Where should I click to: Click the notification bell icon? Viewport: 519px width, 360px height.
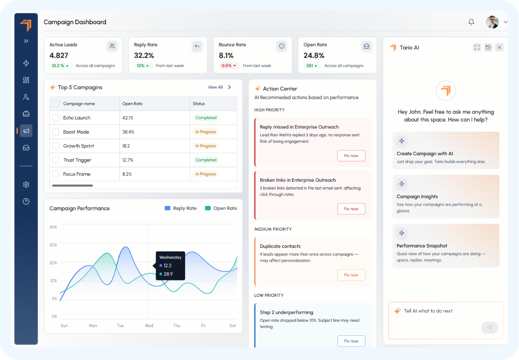coord(471,22)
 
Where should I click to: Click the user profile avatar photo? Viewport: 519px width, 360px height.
coord(492,22)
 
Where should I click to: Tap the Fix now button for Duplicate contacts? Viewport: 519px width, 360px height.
coord(351,275)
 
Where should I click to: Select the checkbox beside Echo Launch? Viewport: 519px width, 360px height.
coord(55,118)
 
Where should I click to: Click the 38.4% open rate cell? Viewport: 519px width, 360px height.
coord(128,132)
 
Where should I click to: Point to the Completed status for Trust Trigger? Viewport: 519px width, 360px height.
coord(206,160)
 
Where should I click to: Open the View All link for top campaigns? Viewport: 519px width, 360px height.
coord(215,87)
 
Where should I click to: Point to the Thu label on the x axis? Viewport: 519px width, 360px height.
coord(177,326)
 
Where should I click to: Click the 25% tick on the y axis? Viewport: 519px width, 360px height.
coord(53,245)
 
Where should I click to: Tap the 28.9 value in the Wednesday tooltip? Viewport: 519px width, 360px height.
coord(168,274)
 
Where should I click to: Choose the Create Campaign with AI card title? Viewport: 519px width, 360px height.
coord(425,154)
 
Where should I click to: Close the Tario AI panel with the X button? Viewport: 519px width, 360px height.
coord(500,48)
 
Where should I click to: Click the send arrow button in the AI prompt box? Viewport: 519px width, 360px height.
coord(490,328)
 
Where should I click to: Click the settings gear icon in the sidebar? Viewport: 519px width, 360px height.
coord(26,185)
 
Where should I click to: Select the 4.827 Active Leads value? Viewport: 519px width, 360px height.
coord(59,55)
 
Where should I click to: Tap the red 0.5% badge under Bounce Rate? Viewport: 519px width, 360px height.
coord(229,66)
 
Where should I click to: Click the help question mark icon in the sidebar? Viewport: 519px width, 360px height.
coord(26,201)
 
